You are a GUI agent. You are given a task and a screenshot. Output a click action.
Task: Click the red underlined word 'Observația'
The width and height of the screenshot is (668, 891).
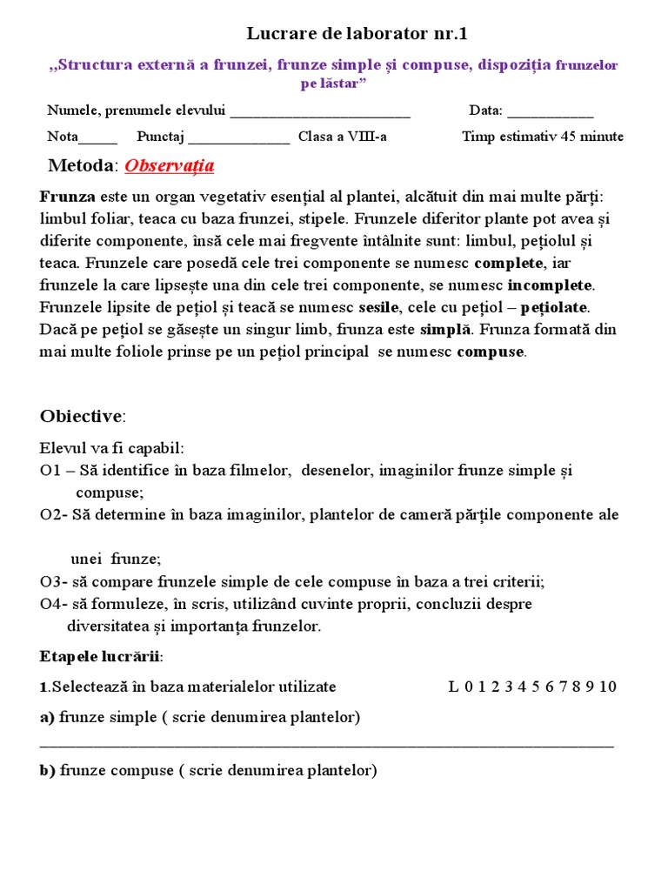click(x=170, y=165)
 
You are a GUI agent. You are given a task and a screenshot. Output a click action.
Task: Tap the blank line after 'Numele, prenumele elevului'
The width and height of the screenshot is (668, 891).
click(x=320, y=112)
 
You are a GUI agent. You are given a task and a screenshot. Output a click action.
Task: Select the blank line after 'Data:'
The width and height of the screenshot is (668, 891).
click(x=550, y=112)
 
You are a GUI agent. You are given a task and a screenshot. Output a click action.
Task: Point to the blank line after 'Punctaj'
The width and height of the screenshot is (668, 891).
click(x=238, y=137)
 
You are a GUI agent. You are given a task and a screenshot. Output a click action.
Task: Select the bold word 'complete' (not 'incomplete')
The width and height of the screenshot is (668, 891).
click(x=509, y=263)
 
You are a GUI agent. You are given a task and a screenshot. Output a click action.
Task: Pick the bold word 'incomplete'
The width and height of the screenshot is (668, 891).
click(x=550, y=285)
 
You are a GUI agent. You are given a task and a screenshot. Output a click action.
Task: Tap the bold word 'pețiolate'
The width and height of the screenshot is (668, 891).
click(x=554, y=307)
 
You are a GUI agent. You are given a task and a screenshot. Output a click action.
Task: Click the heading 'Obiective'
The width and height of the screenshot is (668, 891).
click(x=83, y=416)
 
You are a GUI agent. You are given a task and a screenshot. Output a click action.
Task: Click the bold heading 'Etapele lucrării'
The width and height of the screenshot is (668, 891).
click(x=100, y=655)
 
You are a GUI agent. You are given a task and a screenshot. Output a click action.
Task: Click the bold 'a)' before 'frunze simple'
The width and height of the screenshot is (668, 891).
click(x=47, y=717)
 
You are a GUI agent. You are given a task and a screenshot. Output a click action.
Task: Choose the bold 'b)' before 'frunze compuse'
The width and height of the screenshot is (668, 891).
click(x=48, y=771)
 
